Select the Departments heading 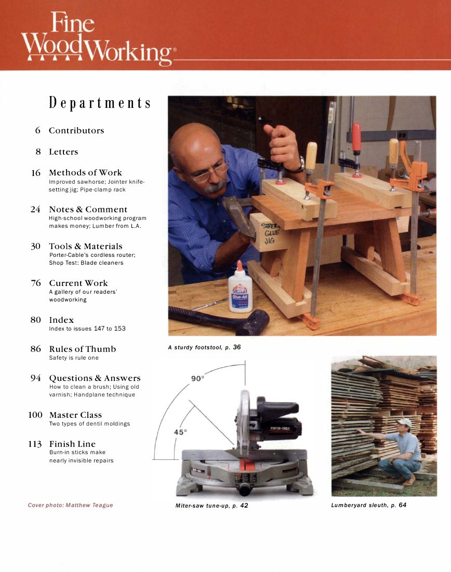coord(100,102)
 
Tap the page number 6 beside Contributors coord(38,131)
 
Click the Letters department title coord(63,152)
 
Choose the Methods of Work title coord(85,173)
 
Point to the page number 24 coord(35,210)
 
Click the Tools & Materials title coord(86,247)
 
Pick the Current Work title coord(78,283)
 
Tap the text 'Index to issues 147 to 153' coord(87,329)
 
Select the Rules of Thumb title coord(83,349)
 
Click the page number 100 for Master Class coord(35,415)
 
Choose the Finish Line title coord(72,444)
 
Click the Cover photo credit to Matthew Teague coord(70,505)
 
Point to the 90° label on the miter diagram coord(197,378)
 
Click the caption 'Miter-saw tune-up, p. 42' coord(211,506)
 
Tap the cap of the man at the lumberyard coord(404,423)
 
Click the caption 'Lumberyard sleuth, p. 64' coord(369,505)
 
